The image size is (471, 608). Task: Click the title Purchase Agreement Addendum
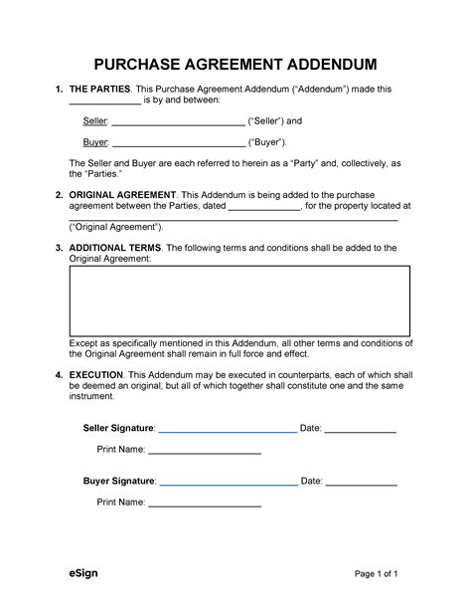pyautogui.click(x=235, y=64)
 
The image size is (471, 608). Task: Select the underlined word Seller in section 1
pyautogui.click(x=94, y=121)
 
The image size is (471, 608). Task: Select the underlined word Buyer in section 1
pyautogui.click(x=94, y=142)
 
